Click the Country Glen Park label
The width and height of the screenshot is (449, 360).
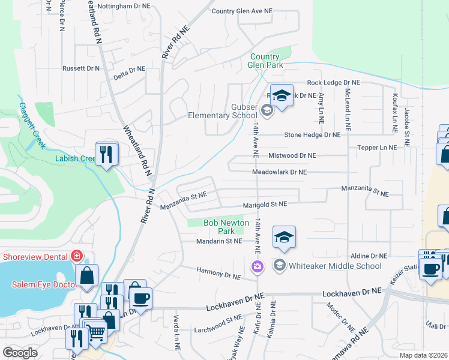click(265, 61)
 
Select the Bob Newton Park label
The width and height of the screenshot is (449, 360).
click(226, 227)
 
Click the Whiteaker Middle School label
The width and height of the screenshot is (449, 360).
click(336, 266)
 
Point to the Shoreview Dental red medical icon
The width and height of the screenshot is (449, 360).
click(77, 256)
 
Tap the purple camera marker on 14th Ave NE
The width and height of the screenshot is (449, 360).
click(257, 266)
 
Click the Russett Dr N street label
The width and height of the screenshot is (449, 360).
click(81, 68)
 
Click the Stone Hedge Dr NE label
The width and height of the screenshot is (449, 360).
click(312, 135)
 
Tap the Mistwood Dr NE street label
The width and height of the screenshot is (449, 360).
click(292, 155)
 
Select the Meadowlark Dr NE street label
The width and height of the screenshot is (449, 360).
click(279, 172)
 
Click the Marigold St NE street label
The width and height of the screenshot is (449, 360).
click(265, 204)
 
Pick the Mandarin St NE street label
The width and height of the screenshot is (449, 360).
click(219, 241)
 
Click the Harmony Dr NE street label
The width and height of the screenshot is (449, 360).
click(218, 274)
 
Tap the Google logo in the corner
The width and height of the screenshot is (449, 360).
click(20, 352)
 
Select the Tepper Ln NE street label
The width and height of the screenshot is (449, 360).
click(376, 148)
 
